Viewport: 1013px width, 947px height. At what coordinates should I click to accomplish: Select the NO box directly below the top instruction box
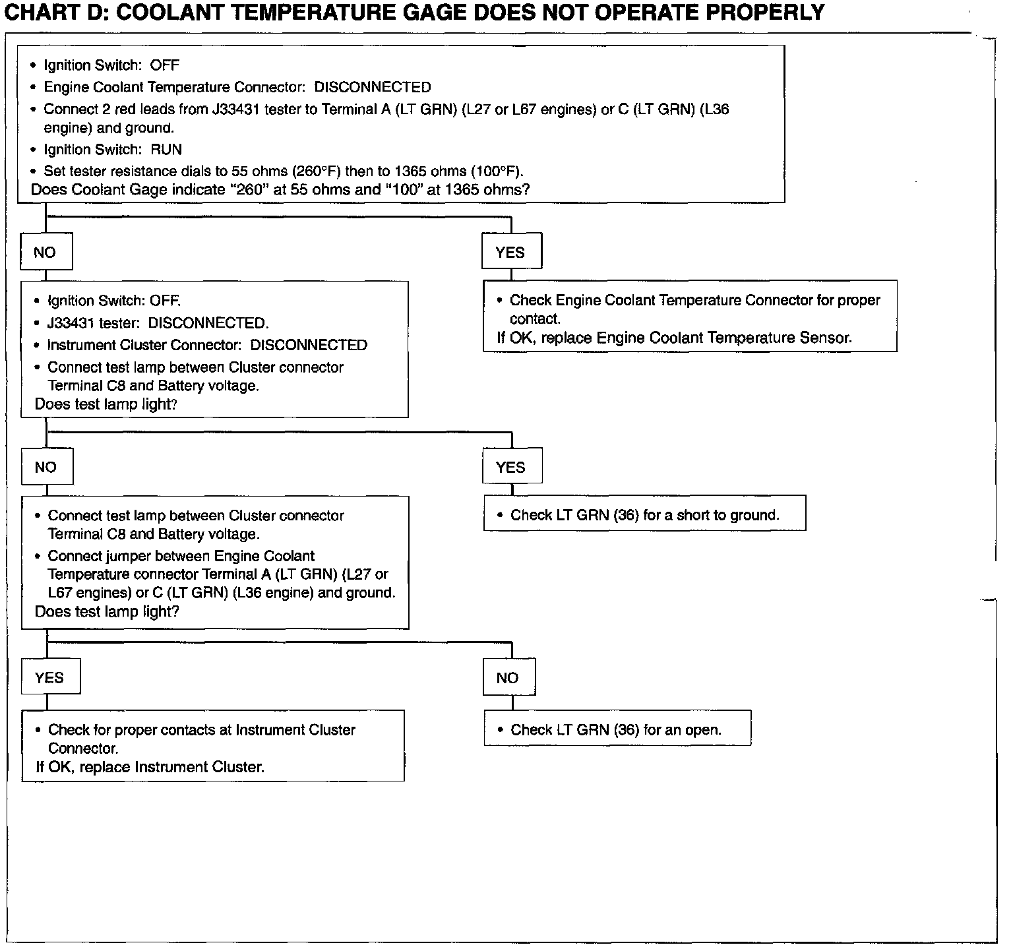tap(46, 252)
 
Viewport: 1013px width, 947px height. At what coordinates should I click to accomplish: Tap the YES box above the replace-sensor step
tap(511, 251)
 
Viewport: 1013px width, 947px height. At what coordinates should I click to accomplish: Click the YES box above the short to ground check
tap(511, 467)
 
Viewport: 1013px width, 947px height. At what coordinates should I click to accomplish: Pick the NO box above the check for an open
tap(508, 677)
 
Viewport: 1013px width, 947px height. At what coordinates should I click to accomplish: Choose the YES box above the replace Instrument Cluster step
tap(50, 677)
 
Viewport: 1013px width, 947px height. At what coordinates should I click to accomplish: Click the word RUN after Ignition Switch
tap(166, 150)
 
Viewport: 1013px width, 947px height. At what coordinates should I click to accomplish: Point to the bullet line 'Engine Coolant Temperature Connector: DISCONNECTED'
tap(237, 87)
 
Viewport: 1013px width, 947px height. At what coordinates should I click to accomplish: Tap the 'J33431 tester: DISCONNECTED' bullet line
tap(158, 323)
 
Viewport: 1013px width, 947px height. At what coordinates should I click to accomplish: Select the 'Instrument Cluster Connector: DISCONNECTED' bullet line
tap(207, 345)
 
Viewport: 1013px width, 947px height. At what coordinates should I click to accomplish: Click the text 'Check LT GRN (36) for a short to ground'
tap(644, 515)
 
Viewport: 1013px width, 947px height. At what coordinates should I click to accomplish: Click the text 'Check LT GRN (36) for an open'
tap(616, 730)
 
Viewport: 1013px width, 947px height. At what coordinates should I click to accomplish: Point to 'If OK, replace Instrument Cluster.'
tap(150, 767)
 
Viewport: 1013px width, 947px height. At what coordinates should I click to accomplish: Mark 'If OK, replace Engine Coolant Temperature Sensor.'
tap(674, 338)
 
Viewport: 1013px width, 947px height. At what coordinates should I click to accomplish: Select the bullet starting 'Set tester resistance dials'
tap(284, 171)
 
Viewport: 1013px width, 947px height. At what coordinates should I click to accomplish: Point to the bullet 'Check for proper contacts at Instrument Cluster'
tap(202, 730)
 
